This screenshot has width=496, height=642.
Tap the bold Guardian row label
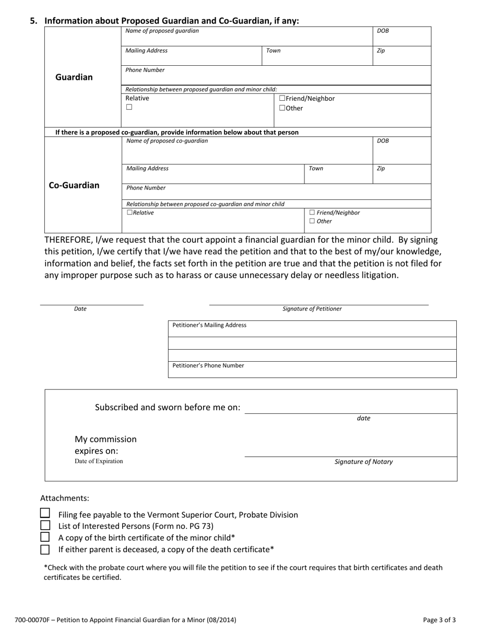click(74, 77)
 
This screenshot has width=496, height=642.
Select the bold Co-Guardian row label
click(74, 185)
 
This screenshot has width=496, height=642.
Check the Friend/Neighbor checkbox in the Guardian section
click(282, 98)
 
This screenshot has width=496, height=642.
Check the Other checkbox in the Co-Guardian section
click(312, 221)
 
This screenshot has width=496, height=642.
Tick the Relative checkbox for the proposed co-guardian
click(130, 213)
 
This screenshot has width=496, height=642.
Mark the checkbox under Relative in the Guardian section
click(129, 108)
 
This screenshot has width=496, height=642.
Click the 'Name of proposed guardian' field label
click(162, 31)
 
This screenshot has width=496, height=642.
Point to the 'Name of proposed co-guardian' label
click(167, 141)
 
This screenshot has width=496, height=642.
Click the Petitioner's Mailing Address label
click(209, 325)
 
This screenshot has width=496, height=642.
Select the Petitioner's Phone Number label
click(208, 365)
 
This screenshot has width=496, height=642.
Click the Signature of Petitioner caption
click(312, 309)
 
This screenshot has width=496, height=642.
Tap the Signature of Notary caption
click(363, 462)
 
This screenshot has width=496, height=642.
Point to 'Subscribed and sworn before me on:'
click(168, 408)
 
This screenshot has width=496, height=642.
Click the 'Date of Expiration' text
click(99, 461)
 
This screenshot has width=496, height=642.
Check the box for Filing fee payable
click(45, 514)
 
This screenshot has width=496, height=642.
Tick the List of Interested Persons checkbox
click(45, 526)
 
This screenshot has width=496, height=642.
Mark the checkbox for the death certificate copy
click(45, 549)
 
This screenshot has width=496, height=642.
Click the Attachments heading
click(65, 498)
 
